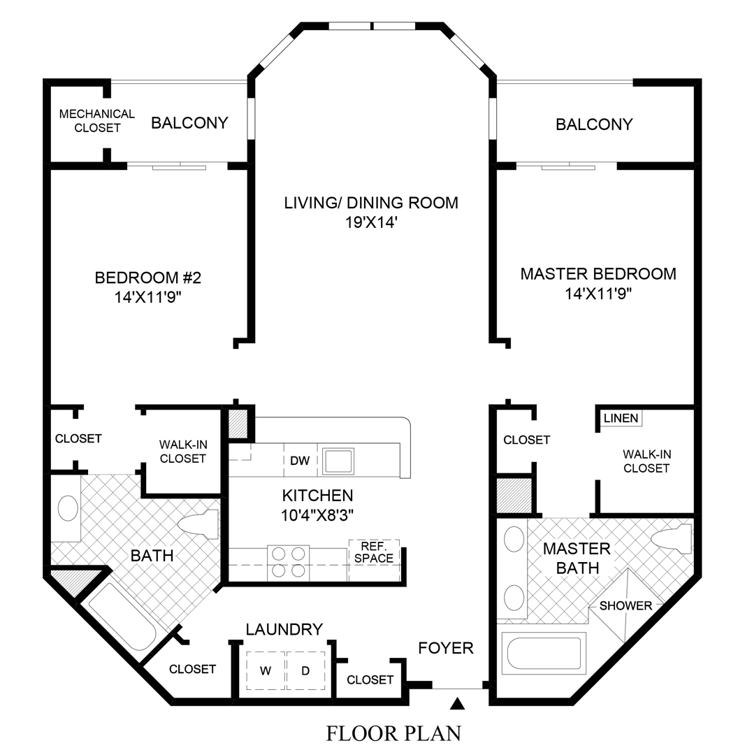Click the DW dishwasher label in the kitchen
[300, 461]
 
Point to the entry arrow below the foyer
[458, 703]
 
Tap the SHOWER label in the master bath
[625, 605]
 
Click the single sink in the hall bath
[68, 508]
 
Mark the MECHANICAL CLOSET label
[96, 120]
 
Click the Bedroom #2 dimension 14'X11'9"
[147, 296]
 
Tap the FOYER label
[446, 648]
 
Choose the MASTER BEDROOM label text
[598, 273]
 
